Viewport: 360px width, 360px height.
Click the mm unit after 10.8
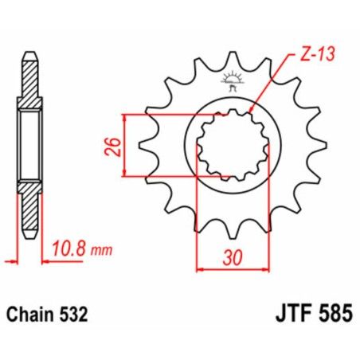click(99, 249)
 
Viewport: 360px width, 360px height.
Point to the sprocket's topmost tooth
click(234, 57)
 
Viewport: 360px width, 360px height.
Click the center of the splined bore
click(234, 146)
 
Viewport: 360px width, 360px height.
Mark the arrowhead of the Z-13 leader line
click(252, 113)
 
